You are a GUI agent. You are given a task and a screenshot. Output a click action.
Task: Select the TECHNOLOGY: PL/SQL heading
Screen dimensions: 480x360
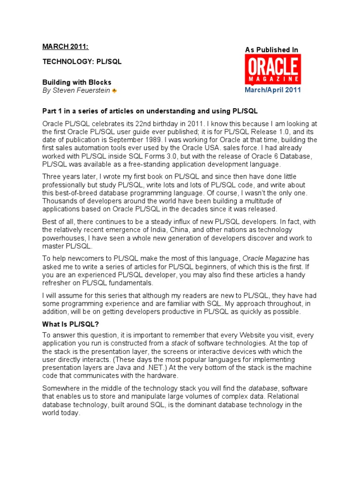click(82, 62)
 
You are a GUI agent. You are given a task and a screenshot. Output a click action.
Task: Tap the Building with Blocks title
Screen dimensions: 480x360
click(77, 82)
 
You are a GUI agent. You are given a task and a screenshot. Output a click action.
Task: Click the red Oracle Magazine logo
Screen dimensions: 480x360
click(273, 69)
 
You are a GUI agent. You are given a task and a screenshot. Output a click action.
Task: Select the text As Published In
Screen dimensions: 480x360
click(272, 50)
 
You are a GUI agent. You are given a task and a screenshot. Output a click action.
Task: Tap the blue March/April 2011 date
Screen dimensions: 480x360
click(273, 90)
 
